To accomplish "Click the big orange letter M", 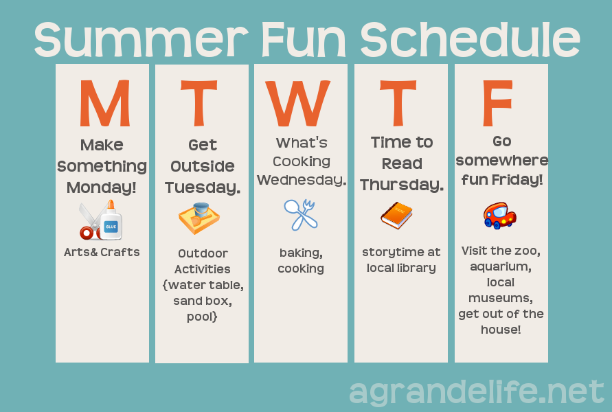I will pyautogui.click(x=104, y=104).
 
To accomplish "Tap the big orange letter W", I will pyautogui.click(x=298, y=104).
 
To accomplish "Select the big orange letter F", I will pyautogui.click(x=498, y=104).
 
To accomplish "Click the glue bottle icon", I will pyautogui.click(x=111, y=222).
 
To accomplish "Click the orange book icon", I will pyautogui.click(x=396, y=215).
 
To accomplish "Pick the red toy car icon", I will pyautogui.click(x=499, y=215).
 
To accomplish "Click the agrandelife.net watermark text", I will pyautogui.click(x=477, y=392).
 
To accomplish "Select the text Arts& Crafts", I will pyautogui.click(x=102, y=252).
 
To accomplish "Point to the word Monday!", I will pyautogui.click(x=102, y=187).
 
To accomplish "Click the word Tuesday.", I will pyautogui.click(x=202, y=187).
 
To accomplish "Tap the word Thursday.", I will pyautogui.click(x=402, y=185).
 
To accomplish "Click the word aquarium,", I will pyautogui.click(x=501, y=266).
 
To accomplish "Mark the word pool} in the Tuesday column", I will pyautogui.click(x=202, y=317).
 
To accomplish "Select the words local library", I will pyautogui.click(x=401, y=268).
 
